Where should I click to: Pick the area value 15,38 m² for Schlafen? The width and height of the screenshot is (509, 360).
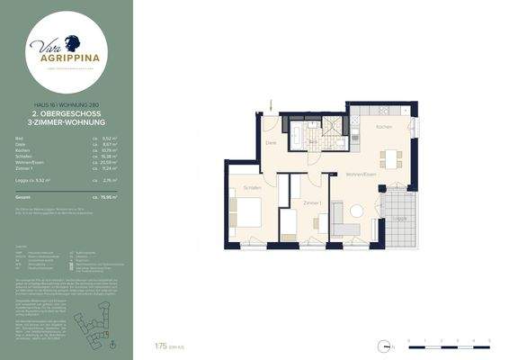click(112, 154)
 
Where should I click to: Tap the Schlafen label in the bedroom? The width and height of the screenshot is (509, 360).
click(252, 187)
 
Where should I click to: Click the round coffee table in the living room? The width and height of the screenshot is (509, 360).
click(356, 211)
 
